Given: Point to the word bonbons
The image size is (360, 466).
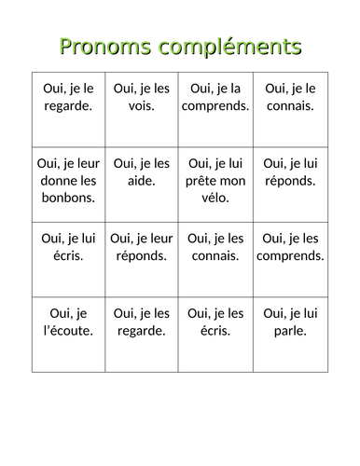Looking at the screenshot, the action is tap(68, 197).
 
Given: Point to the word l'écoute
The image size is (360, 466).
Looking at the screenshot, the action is tap(68, 330).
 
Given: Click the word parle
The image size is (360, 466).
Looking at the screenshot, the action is tap(290, 330).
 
